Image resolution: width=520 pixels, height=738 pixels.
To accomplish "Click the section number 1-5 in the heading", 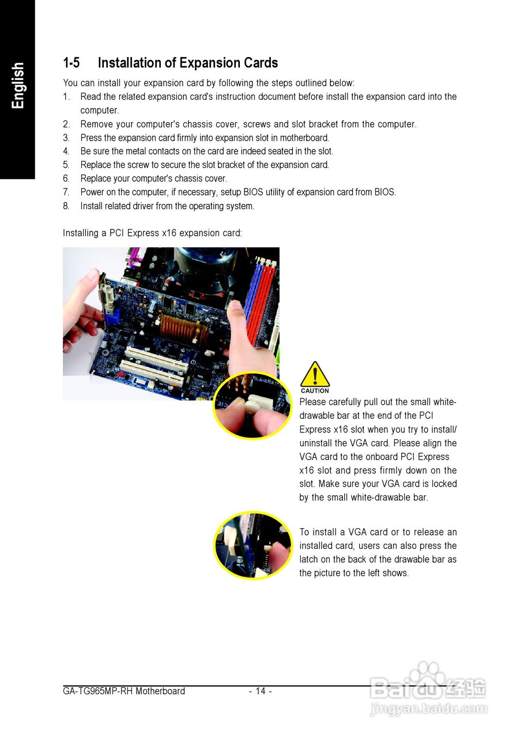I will [71, 63].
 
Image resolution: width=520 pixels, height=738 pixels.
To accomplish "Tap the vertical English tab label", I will [18, 85].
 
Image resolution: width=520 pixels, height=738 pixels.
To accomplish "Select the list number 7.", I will [66, 193].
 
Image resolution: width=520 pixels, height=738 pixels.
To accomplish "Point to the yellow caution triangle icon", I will [315, 374].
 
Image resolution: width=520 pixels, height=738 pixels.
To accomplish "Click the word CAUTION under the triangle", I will [315, 391].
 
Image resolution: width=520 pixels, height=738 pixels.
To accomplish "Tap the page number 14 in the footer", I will [261, 691].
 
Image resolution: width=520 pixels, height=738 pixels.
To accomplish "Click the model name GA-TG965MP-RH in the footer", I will [98, 691].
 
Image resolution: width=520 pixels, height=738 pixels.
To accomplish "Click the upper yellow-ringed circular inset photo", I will [253, 406].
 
